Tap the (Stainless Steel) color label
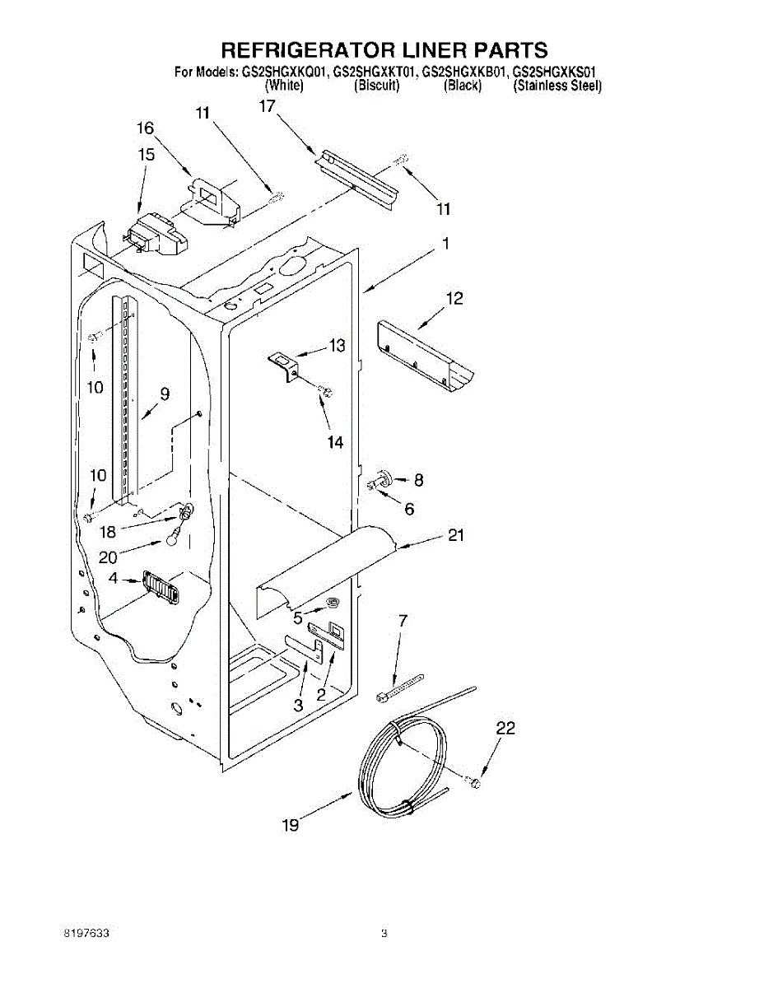(557, 86)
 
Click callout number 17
(267, 105)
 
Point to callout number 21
(456, 536)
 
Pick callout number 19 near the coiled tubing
(291, 824)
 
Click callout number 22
(505, 728)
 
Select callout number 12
(454, 298)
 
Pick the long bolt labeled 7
(399, 687)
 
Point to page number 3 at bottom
(384, 934)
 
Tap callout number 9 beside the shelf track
(165, 394)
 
